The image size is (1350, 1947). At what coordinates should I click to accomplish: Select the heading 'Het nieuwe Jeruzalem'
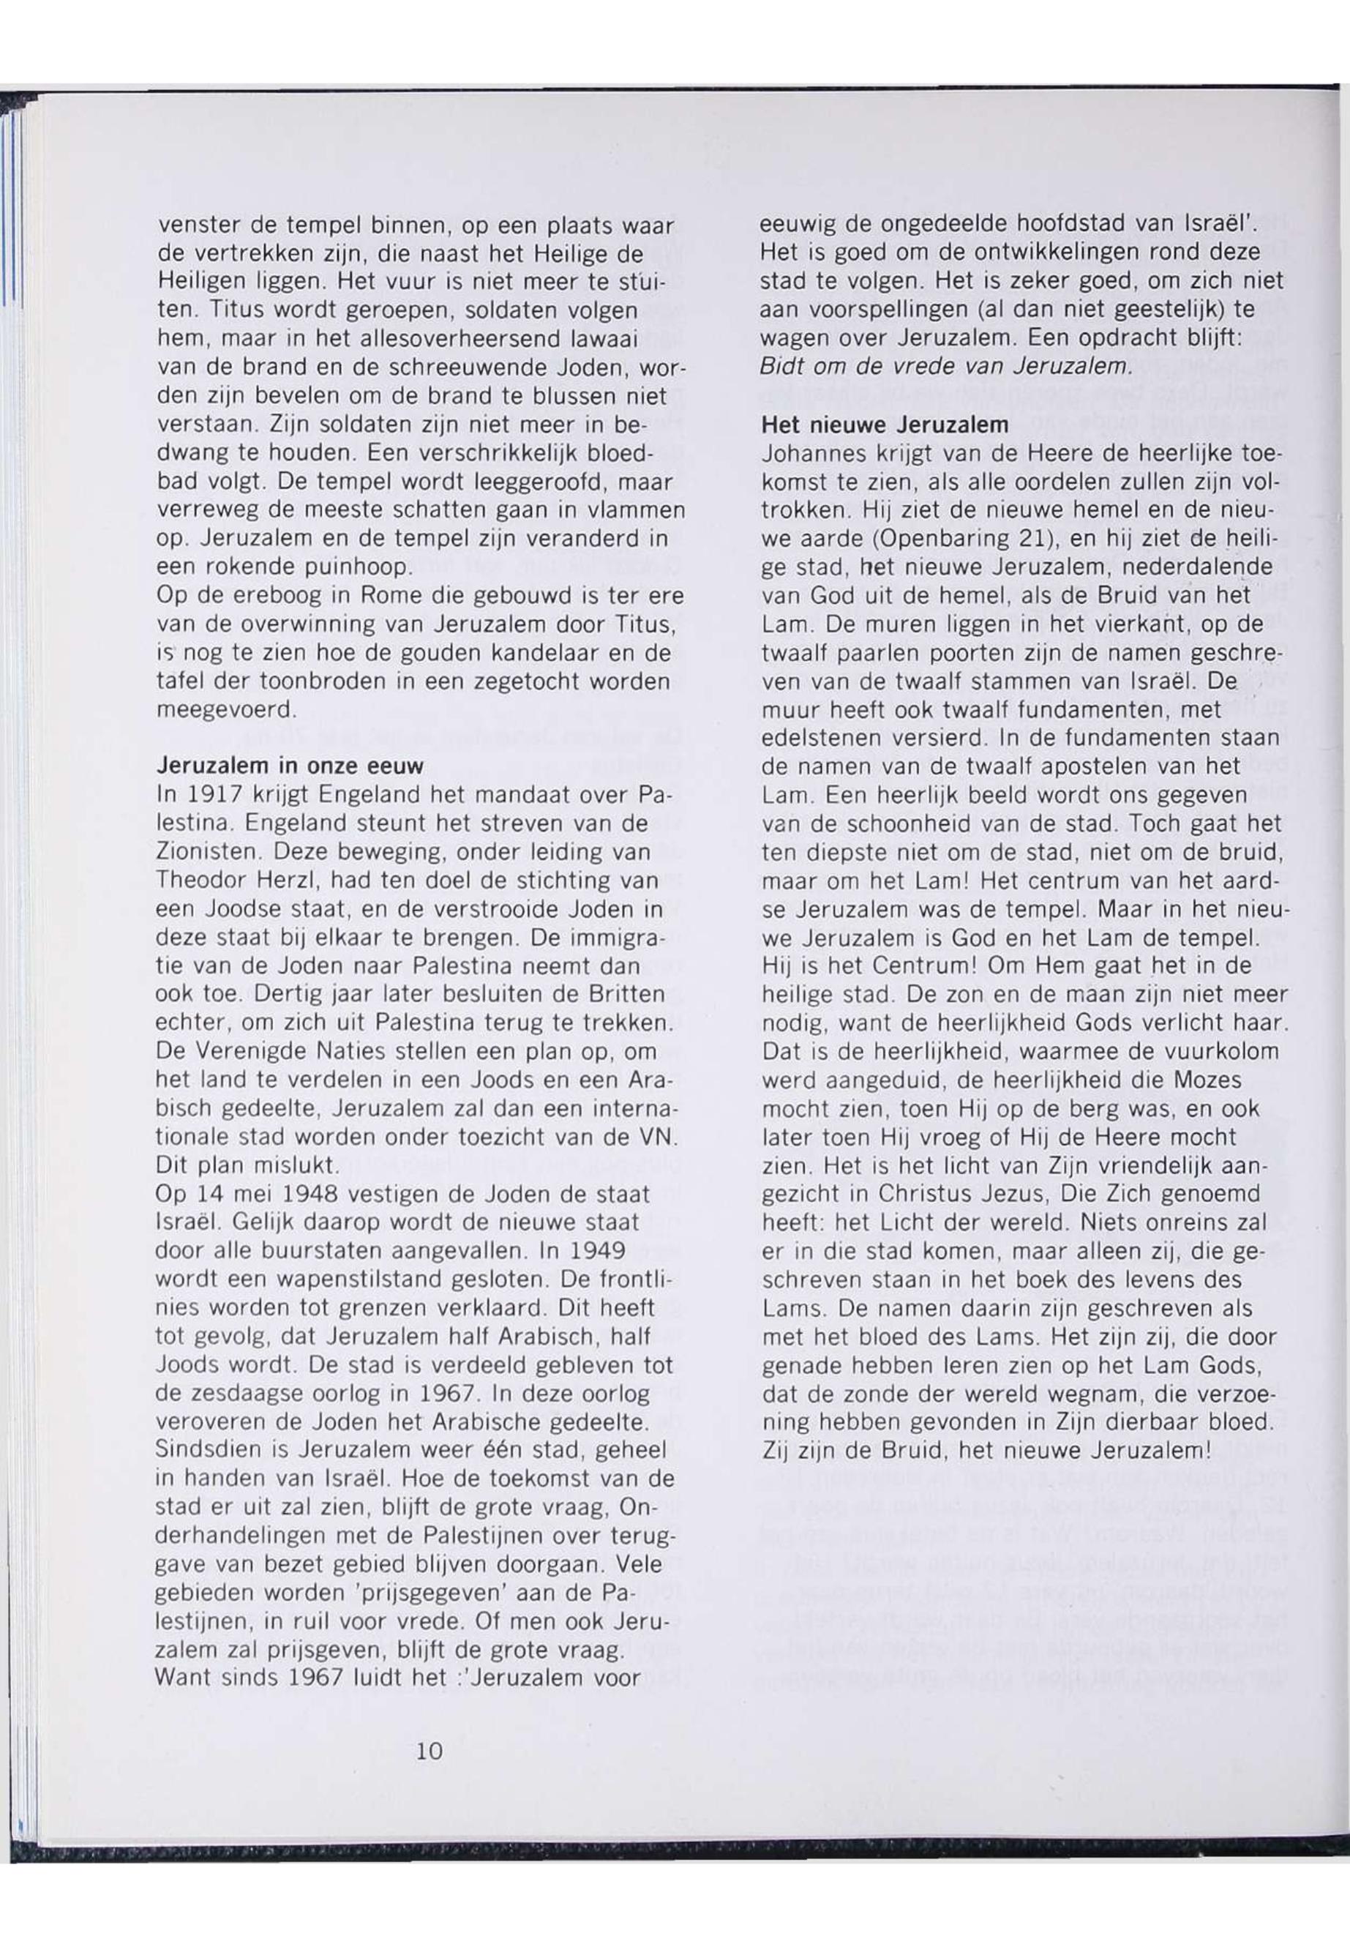[x=885, y=423]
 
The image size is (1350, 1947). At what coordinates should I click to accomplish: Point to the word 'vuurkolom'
[x=1222, y=1052]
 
